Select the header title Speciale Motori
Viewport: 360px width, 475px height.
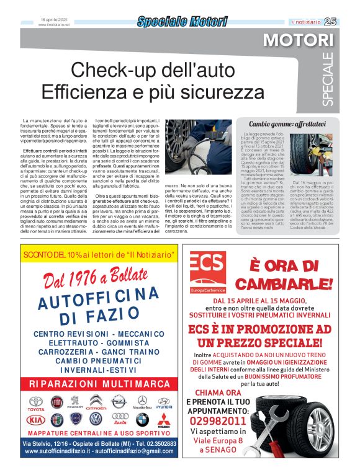pyautogui.click(x=182, y=22)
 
